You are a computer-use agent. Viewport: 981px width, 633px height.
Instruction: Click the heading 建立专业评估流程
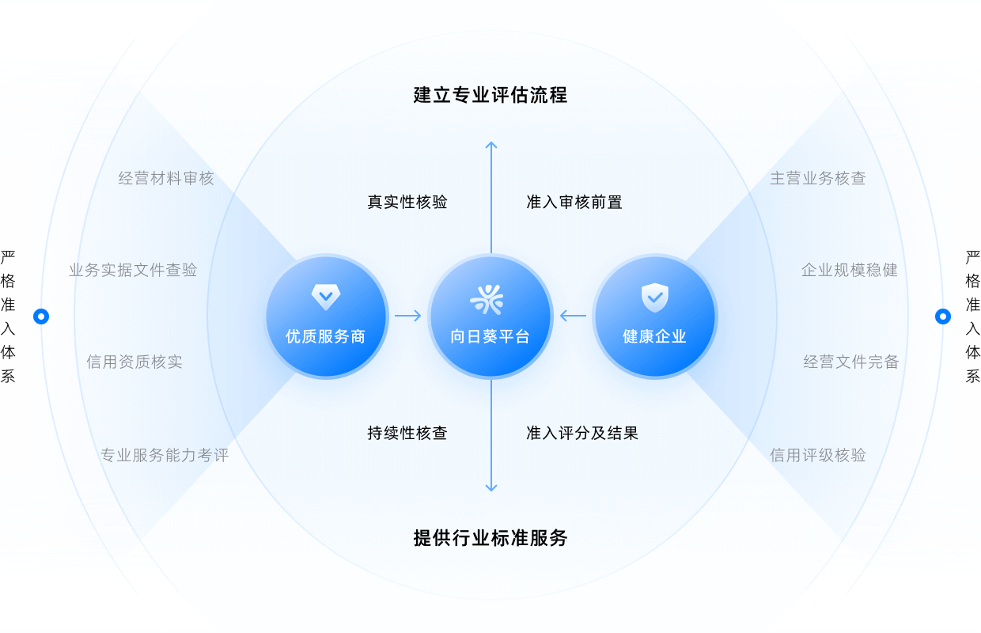click(x=490, y=96)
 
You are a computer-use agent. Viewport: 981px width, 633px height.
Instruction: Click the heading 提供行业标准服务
click(x=490, y=538)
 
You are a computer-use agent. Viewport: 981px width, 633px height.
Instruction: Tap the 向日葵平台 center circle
click(x=490, y=316)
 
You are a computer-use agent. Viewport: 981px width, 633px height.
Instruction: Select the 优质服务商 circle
click(x=326, y=316)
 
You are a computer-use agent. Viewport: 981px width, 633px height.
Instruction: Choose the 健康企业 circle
click(x=654, y=316)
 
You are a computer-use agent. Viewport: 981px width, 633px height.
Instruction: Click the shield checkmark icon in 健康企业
click(x=654, y=298)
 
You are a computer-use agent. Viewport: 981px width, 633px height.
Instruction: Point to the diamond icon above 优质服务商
click(x=326, y=298)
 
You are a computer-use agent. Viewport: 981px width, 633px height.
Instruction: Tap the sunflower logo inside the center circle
click(x=487, y=299)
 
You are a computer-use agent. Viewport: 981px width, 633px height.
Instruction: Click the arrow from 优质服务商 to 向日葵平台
click(x=408, y=316)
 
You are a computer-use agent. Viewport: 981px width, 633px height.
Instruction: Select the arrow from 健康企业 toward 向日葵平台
click(x=573, y=316)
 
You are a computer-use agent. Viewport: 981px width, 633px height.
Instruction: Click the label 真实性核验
click(x=407, y=203)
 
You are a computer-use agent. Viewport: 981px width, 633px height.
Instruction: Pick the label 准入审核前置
click(x=574, y=203)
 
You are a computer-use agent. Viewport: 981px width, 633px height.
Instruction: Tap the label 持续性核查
click(x=407, y=434)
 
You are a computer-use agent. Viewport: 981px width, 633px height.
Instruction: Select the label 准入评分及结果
click(x=582, y=434)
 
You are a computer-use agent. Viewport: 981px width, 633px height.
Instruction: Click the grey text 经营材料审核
click(x=166, y=178)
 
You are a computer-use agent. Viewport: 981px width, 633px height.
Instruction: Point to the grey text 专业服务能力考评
click(x=165, y=456)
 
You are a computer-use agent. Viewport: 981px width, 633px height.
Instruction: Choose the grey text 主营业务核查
click(x=818, y=178)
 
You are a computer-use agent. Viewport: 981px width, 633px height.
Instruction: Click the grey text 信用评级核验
click(x=818, y=456)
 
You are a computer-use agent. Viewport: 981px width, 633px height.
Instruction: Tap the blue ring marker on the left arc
click(x=41, y=316)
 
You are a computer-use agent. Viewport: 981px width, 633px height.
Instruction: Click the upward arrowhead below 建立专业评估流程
click(x=491, y=145)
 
